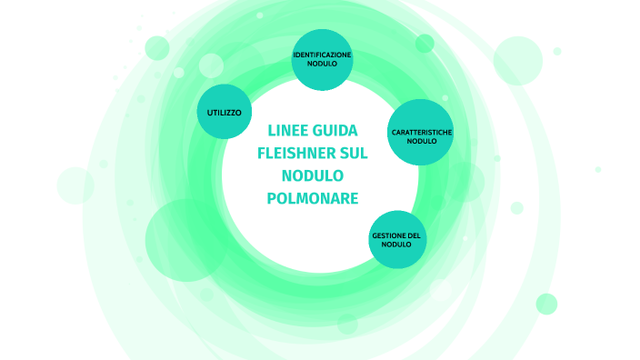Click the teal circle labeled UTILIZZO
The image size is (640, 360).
pos(224,112)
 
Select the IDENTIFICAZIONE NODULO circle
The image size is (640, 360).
pos(322,60)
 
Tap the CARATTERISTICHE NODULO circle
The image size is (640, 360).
pos(421,132)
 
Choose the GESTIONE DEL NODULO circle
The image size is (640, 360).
pos(397,239)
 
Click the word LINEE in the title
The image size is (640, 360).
pos(289,130)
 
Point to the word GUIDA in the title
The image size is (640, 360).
pos(336,130)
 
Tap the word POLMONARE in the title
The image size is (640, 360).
pos(313,198)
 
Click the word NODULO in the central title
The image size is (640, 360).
pos(313,175)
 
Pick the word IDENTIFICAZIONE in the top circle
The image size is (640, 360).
pos(322,55)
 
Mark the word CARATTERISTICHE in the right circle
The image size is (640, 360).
pos(422,133)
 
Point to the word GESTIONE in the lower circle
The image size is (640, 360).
pos(388,235)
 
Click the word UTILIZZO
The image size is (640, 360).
pos(224,112)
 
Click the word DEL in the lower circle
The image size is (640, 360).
pos(414,235)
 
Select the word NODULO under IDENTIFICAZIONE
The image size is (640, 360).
pos(322,65)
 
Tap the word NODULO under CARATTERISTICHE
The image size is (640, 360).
pos(422,142)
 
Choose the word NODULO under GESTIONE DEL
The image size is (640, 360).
pos(397,245)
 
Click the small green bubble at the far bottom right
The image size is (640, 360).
pos(546,304)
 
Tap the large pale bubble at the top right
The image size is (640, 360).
pos(517,60)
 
